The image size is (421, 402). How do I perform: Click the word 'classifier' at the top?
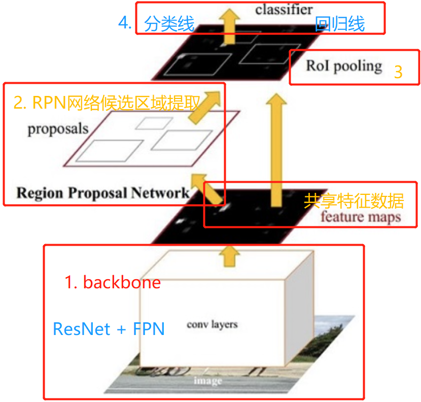tap(284, 9)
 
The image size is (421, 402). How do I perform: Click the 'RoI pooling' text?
tap(343, 66)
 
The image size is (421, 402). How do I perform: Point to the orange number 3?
tap(398, 72)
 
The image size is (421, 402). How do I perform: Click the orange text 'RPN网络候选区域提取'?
tap(106, 103)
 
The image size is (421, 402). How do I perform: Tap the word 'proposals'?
tap(58, 128)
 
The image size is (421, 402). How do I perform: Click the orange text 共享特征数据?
tap(354, 201)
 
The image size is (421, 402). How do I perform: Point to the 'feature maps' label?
tap(360, 217)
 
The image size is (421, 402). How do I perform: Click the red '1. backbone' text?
tap(113, 282)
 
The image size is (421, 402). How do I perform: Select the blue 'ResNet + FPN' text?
tap(109, 329)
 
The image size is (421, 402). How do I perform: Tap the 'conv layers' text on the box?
tap(212, 324)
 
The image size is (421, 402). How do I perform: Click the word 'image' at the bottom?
tap(208, 381)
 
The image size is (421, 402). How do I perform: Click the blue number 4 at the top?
tap(125, 23)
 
